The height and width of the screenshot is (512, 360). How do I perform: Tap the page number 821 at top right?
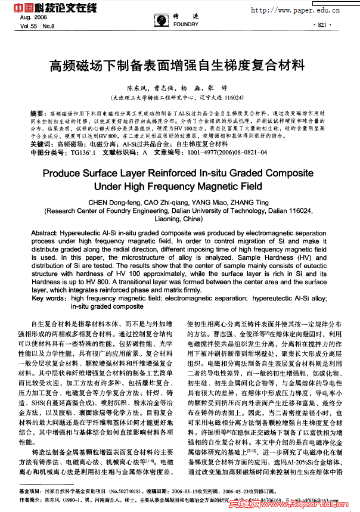pyautogui.click(x=320, y=25)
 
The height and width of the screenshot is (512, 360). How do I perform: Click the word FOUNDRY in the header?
pyautogui.click(x=186, y=25)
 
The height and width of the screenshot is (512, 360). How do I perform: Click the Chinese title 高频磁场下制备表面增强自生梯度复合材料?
pyautogui.click(x=179, y=64)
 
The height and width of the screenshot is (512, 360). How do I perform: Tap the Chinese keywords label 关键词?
pyautogui.click(x=41, y=144)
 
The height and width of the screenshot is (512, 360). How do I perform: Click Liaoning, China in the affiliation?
pyautogui.click(x=179, y=219)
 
